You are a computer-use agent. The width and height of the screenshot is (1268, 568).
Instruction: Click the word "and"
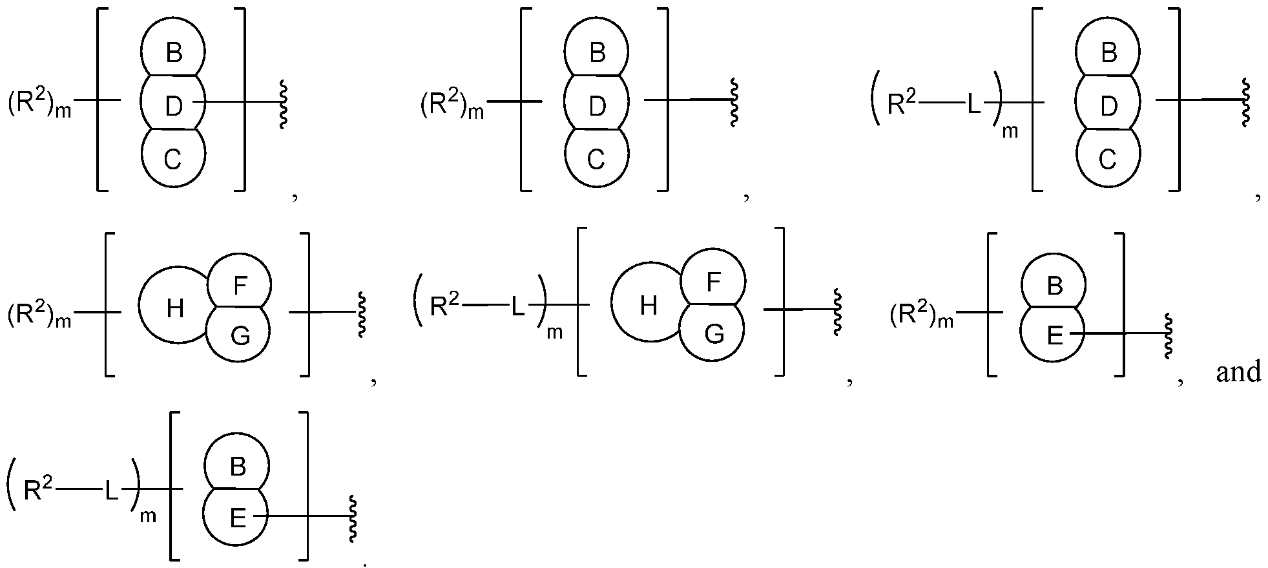1238,373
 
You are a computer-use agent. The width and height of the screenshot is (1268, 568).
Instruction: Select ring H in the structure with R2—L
648,306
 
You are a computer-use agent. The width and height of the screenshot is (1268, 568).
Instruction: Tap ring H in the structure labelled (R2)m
174,310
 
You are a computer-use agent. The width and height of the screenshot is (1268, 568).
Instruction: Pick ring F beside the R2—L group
713,282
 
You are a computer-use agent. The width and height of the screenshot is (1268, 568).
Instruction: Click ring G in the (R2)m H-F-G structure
240,335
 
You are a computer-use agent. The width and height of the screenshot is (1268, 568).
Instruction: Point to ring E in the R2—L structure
238,518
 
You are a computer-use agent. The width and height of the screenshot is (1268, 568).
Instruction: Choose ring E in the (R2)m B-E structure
1054,335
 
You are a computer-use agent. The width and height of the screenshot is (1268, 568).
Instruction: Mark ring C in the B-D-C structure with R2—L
1107,159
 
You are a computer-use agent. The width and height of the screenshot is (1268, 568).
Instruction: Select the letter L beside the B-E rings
112,492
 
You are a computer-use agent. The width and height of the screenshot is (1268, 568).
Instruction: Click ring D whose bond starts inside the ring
173,105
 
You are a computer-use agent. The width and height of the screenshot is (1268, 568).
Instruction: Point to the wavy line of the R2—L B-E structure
353,519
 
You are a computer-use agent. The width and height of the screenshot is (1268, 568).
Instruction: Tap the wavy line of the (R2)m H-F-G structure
362,313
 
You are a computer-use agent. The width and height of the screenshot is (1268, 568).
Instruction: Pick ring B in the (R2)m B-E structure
1054,285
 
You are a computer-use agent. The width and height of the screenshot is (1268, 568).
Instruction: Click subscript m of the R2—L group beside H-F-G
555,333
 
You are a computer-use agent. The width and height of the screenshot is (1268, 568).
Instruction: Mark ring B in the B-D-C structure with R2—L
1108,52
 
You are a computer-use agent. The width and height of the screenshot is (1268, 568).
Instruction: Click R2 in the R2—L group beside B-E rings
38,490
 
